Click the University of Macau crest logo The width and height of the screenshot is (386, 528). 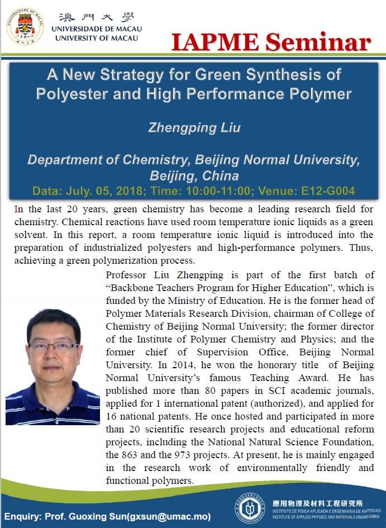(25, 26)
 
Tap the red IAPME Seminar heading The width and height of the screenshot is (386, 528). (271, 41)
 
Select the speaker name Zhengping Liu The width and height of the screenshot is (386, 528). (194, 127)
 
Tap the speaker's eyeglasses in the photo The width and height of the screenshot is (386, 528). (54, 346)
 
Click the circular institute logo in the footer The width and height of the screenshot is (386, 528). (250, 508)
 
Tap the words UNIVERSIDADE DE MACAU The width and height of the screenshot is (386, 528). (96, 28)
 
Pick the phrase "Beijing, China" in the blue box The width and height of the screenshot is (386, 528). (194, 175)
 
